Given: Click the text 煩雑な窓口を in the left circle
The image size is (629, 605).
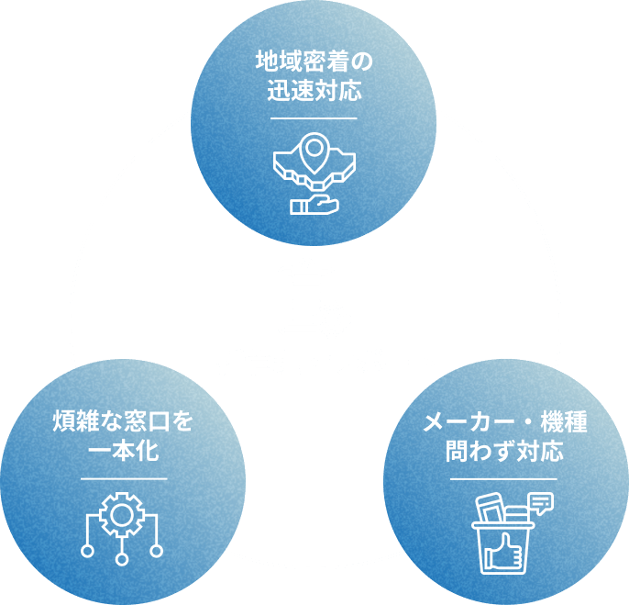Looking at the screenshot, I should point(123,423).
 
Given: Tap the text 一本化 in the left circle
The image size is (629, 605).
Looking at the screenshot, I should point(123,452).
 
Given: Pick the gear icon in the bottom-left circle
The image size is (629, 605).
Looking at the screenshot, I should point(122,514).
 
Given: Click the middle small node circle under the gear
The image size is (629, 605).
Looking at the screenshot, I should point(122,556).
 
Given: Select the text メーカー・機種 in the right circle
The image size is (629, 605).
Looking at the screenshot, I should point(504,423).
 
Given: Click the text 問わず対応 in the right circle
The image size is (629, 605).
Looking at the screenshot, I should point(504,452).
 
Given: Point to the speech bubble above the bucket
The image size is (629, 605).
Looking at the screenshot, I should point(542,503).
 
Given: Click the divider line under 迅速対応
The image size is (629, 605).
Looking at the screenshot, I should point(314,118).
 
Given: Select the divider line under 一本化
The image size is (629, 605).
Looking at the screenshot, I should point(123,478).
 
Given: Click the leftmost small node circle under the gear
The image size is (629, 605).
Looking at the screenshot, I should point(87,551).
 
